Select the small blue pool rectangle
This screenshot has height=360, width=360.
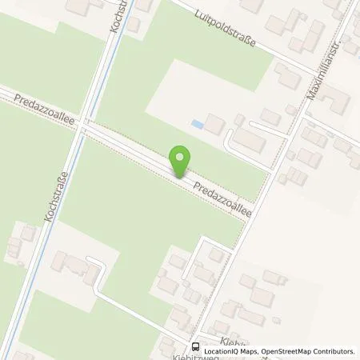(x=197, y=124)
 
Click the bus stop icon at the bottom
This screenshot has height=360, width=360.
(x=194, y=346)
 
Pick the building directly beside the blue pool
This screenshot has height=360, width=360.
(x=214, y=124)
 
